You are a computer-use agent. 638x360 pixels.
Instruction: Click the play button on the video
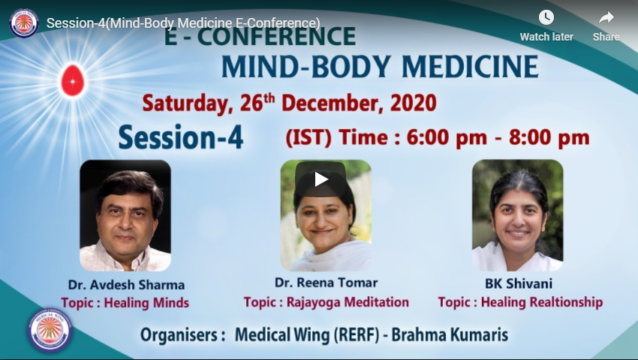(x=321, y=179)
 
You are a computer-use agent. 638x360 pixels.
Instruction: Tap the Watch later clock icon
(x=546, y=17)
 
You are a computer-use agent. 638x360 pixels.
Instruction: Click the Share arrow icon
(x=606, y=18)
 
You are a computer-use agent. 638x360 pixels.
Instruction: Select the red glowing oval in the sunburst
(x=73, y=80)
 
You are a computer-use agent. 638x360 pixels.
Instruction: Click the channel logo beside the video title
(x=23, y=22)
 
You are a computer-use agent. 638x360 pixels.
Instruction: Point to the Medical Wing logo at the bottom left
(x=50, y=330)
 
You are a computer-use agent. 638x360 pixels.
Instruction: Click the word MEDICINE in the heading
(x=470, y=67)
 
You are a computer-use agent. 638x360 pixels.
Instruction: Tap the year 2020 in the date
(x=414, y=103)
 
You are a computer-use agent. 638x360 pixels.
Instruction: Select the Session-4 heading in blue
(x=181, y=137)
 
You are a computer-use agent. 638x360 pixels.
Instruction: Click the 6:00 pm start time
(x=447, y=137)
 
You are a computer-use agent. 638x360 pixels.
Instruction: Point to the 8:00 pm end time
(x=549, y=137)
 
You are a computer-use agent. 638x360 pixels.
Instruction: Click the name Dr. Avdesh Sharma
(x=126, y=285)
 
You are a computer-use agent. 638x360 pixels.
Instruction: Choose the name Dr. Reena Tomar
(x=326, y=283)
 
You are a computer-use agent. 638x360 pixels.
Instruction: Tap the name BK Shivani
(x=519, y=283)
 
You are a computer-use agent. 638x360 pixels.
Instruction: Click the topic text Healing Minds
(x=146, y=303)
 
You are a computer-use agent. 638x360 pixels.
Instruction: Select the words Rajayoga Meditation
(x=348, y=302)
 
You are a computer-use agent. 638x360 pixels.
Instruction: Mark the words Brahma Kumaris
(x=450, y=334)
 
